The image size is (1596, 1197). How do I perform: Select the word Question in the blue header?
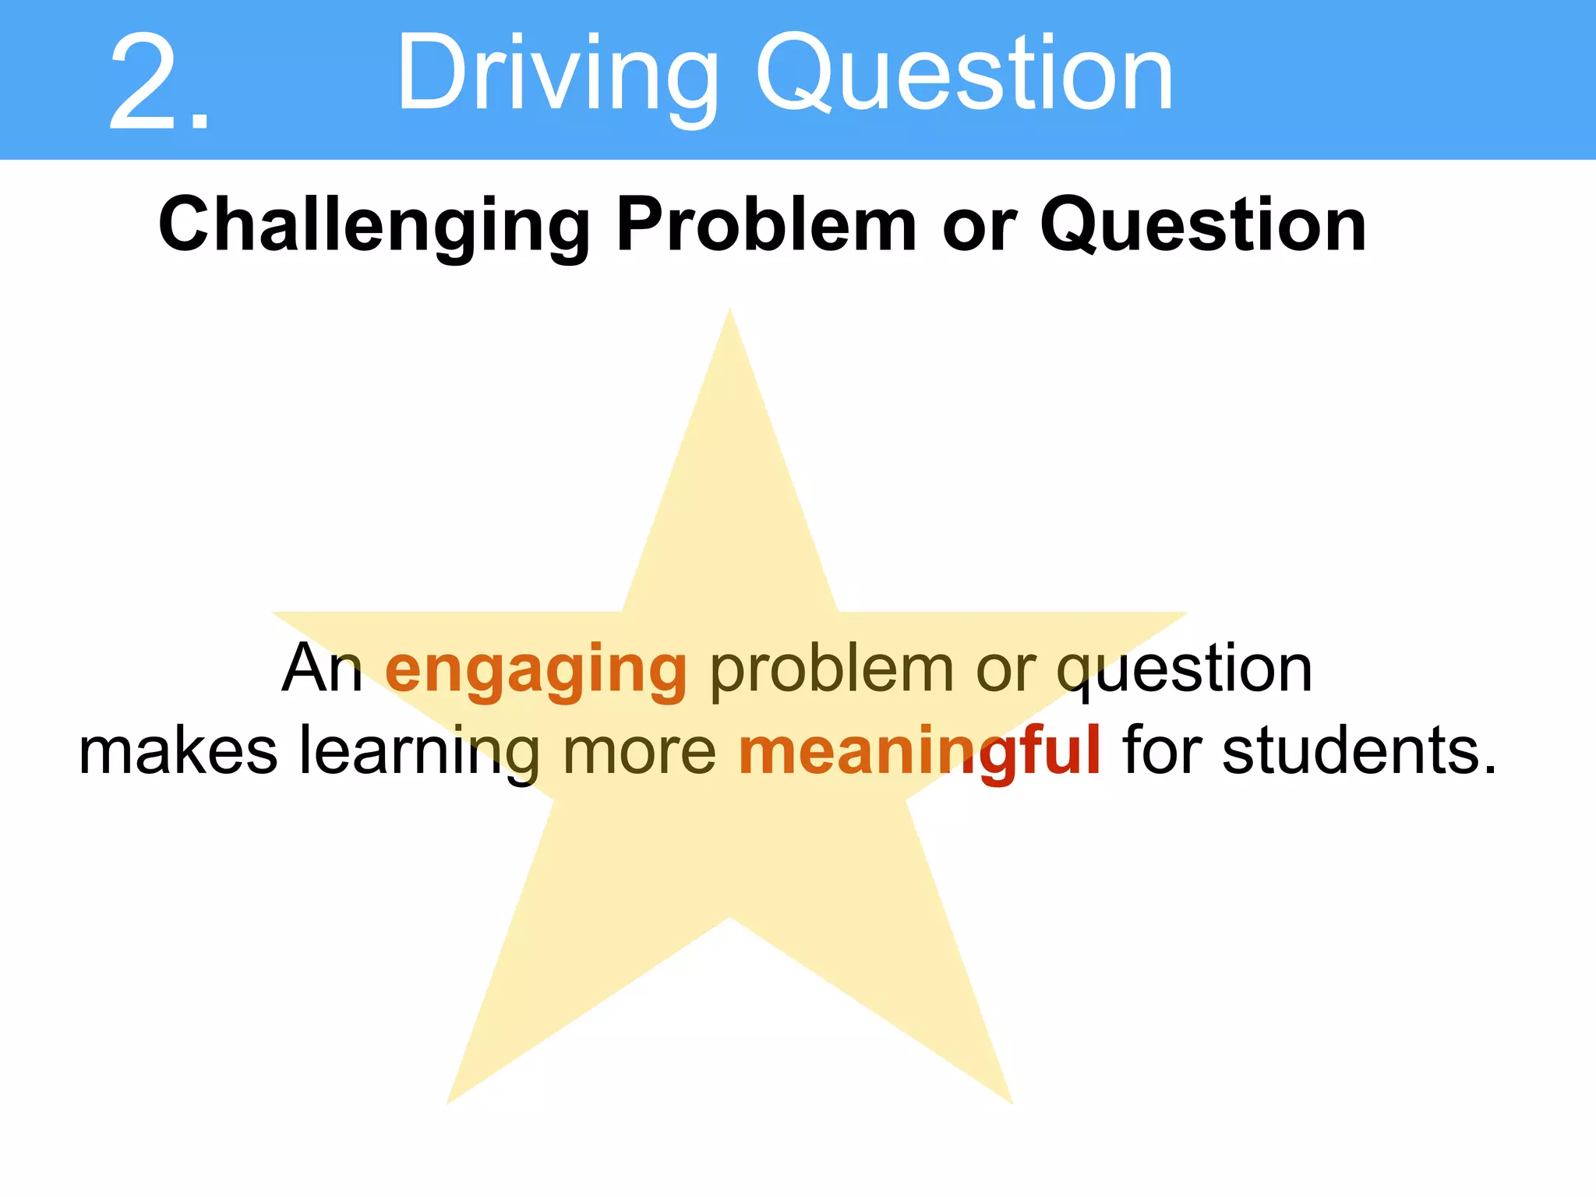click(965, 75)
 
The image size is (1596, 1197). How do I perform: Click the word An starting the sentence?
click(322, 668)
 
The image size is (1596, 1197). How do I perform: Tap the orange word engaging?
click(536, 670)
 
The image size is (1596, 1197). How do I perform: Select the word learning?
click(420, 753)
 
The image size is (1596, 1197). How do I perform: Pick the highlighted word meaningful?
click(920, 753)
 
